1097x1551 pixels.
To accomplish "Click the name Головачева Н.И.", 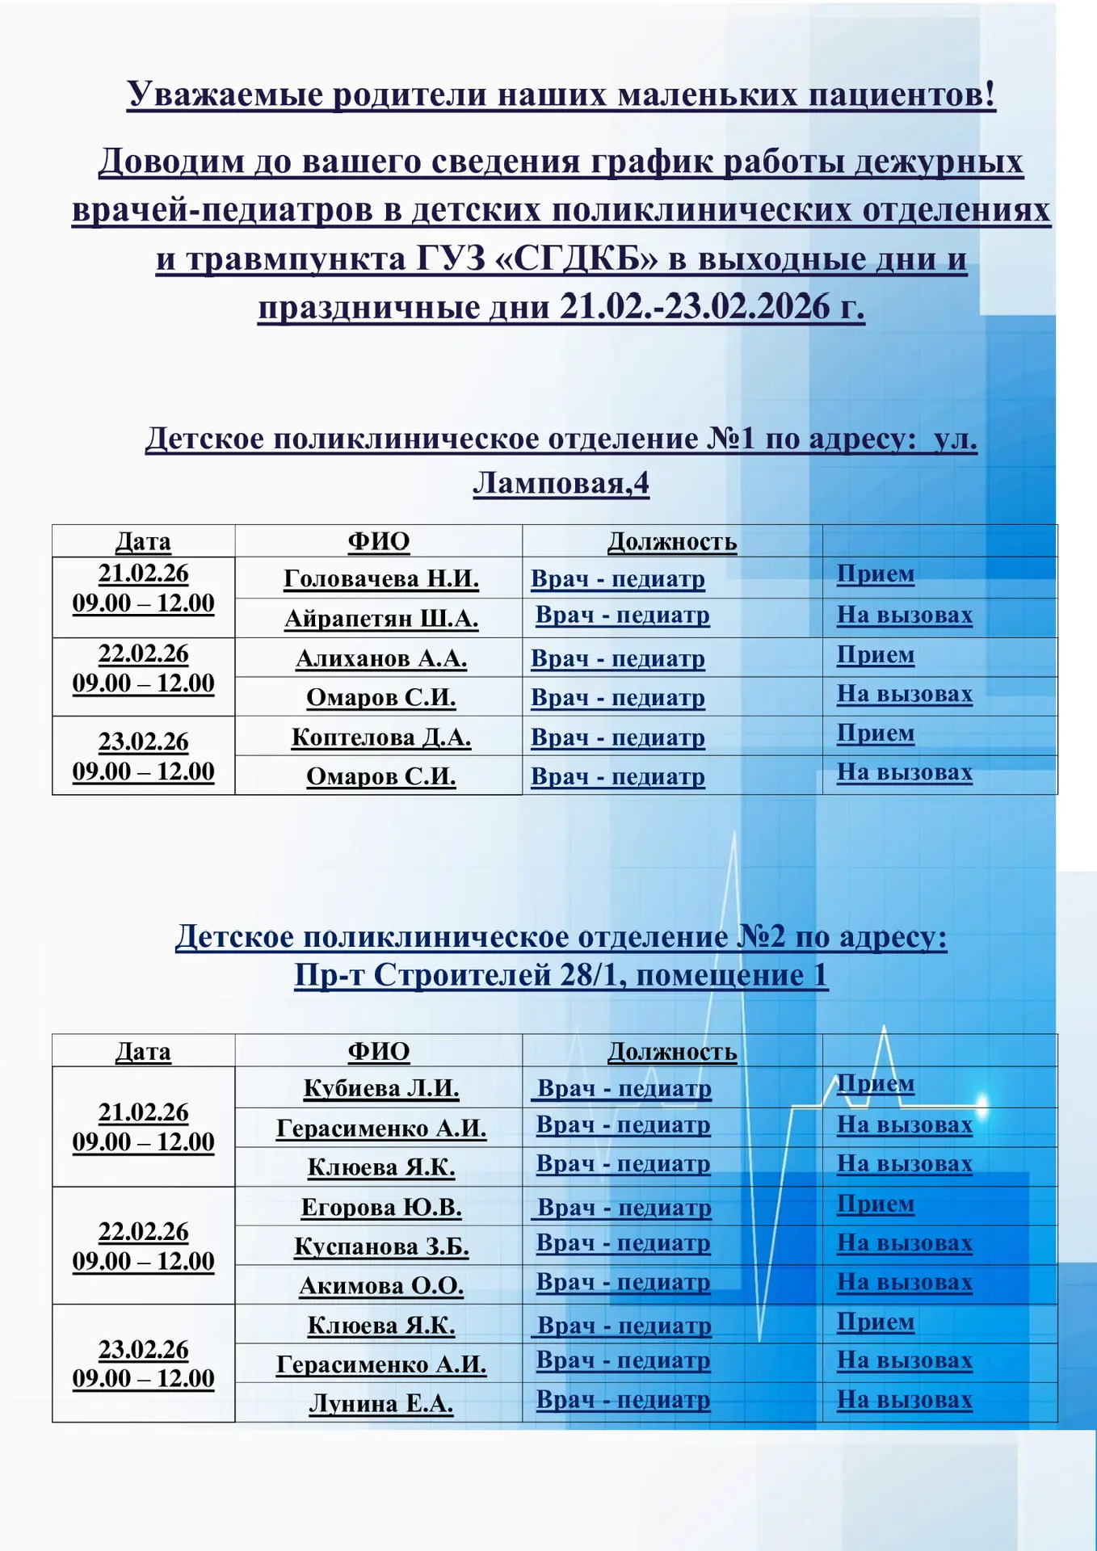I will point(381,579).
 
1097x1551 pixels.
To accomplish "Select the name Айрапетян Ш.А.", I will point(381,619).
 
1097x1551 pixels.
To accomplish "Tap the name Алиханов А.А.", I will point(381,658).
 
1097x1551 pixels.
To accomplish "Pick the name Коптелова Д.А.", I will point(381,738).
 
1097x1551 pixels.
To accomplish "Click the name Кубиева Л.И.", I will point(381,1088).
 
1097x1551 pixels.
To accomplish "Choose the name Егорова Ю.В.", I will point(381,1207).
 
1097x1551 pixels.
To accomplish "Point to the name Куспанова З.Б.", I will point(381,1246).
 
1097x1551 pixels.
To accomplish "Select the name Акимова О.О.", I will point(381,1285).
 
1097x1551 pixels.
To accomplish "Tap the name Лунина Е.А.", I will point(381,1403).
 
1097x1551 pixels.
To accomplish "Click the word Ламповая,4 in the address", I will point(561,483).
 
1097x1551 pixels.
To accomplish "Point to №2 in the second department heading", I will point(760,937).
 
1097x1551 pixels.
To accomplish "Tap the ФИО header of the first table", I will point(379,541).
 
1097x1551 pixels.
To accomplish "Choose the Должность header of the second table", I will point(672,1051).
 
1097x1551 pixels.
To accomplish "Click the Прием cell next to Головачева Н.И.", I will point(876,574).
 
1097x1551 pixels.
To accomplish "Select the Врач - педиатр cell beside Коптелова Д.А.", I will point(618,738).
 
